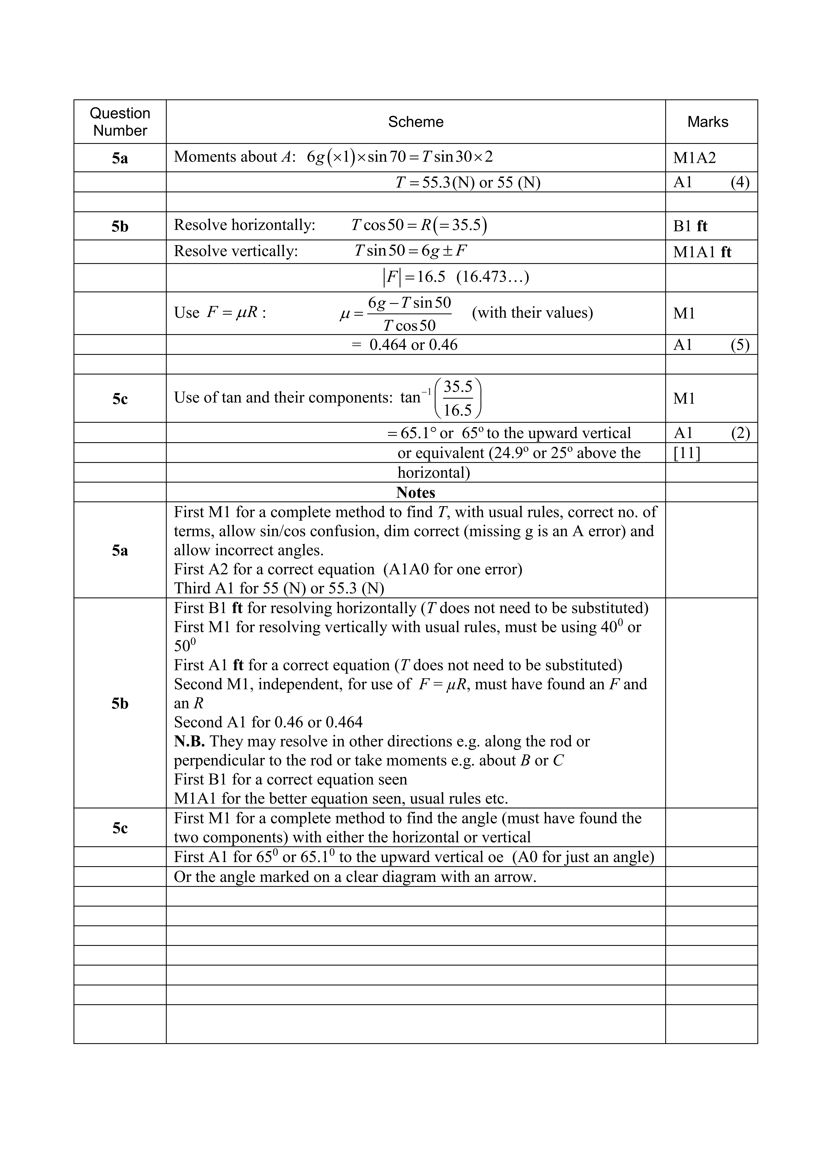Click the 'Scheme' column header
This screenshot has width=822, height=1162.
tap(415, 122)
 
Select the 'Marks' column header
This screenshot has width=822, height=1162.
tap(708, 122)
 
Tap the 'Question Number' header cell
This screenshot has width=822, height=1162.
tap(120, 122)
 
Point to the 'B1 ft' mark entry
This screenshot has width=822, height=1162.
tap(690, 226)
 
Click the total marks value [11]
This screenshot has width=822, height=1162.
tap(687, 453)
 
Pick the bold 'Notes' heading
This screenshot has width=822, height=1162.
tap(415, 492)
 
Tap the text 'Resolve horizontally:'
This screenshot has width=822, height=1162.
tap(244, 225)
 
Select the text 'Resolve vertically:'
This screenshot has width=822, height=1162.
tap(236, 252)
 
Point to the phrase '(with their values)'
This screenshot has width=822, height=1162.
tap(532, 313)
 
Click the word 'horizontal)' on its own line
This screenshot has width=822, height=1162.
tap(434, 473)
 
